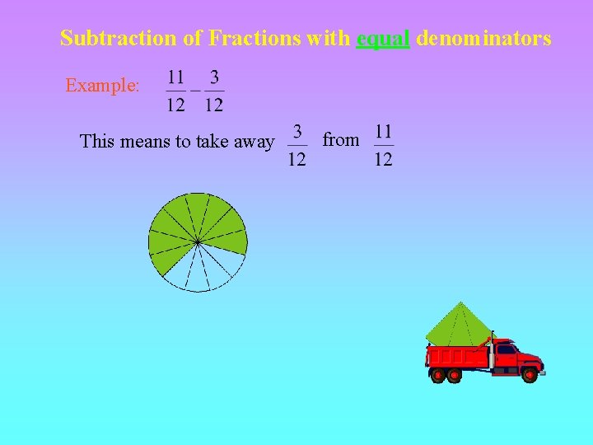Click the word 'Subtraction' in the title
[x=106, y=38]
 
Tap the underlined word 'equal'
[x=383, y=38]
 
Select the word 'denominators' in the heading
[x=484, y=38]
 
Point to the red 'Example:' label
[x=103, y=86]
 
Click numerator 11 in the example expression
[x=176, y=77]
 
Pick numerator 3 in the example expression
[x=214, y=77]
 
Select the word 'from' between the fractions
[x=341, y=140]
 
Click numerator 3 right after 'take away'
[x=297, y=132]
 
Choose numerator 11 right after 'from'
[x=383, y=132]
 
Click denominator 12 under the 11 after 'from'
[x=383, y=159]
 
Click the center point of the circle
[x=198, y=241]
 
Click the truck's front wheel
[x=529, y=376]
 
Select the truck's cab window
[x=505, y=349]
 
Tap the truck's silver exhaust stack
[x=491, y=354]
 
